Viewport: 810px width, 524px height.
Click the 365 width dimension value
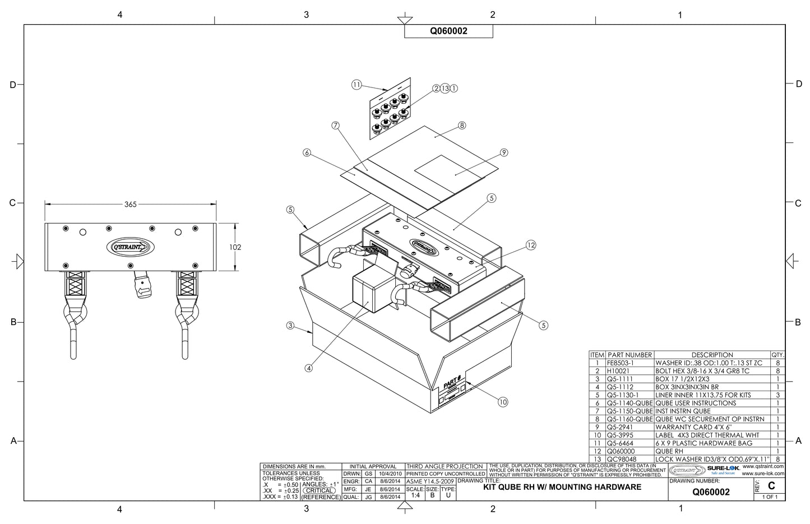pos(130,205)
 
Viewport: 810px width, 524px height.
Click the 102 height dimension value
pos(236,247)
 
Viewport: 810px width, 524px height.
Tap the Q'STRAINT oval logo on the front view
pos(130,247)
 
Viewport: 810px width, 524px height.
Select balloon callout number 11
pos(356,85)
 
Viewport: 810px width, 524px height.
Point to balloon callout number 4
pos(308,368)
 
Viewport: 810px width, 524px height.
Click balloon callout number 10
pos(503,401)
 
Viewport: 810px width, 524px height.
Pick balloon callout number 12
pos(531,244)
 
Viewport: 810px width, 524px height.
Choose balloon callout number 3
pos(290,326)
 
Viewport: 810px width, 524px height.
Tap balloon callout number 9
pos(503,152)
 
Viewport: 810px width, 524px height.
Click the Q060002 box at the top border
pos(448,31)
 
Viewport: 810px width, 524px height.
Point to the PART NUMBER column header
pos(630,355)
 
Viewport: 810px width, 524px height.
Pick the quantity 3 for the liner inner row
pos(777,395)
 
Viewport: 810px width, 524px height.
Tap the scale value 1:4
pos(415,495)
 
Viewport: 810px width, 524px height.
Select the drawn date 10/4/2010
pos(390,474)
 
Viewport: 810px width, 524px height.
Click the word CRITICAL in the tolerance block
pos(319,490)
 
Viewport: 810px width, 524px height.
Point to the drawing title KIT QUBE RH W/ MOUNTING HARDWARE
pos(562,487)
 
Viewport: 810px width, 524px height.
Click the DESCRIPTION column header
pos(712,355)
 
